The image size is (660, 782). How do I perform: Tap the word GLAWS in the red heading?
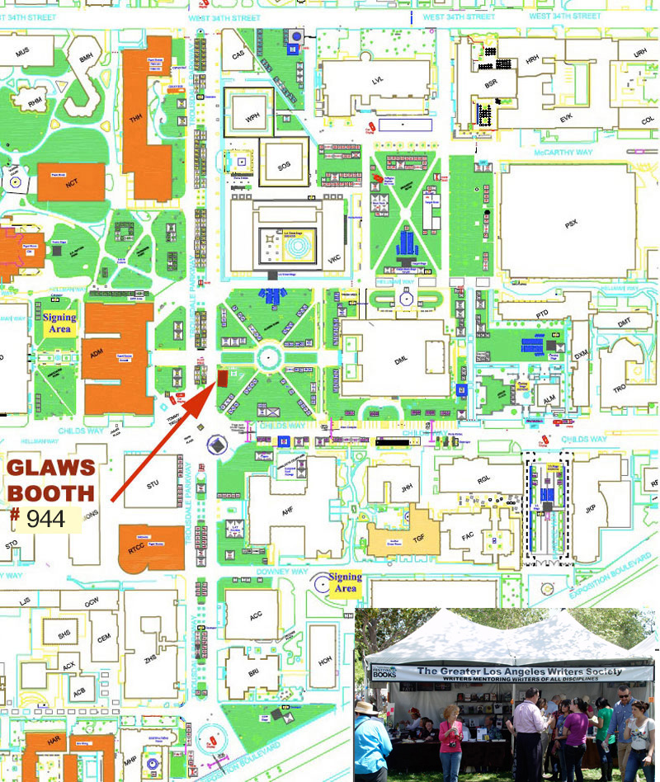51,468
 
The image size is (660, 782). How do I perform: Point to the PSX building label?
568,223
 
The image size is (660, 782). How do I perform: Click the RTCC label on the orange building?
136,548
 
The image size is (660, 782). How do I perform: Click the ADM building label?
97,354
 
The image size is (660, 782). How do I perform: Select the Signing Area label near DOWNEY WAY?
345,582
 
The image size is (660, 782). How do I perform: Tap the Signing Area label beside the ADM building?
59,323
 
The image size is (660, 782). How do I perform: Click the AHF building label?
287,511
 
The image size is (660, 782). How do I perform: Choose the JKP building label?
590,509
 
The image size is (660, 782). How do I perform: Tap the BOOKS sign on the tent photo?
384,674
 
